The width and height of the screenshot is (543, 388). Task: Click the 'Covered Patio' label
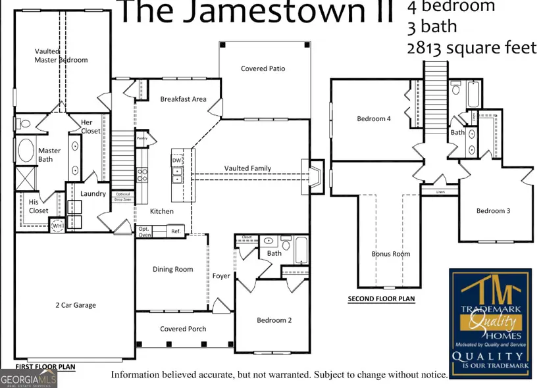pyautogui.click(x=263, y=68)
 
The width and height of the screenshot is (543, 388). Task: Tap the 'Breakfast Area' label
pyautogui.click(x=183, y=99)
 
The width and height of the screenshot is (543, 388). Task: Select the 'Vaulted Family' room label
pyautogui.click(x=247, y=168)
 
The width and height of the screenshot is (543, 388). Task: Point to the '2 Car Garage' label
pyautogui.click(x=75, y=305)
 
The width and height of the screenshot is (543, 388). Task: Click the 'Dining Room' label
pyautogui.click(x=173, y=269)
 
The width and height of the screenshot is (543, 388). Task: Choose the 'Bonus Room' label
pyautogui.click(x=390, y=254)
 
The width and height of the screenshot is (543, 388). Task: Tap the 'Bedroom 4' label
pyautogui.click(x=374, y=119)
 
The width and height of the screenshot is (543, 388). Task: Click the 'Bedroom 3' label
pyautogui.click(x=494, y=211)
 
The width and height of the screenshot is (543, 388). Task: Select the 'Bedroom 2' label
pyautogui.click(x=274, y=320)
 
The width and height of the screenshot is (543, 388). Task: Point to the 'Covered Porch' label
pyautogui.click(x=183, y=329)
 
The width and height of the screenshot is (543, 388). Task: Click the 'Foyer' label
pyautogui.click(x=221, y=276)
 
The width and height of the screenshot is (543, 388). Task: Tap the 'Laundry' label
pyautogui.click(x=93, y=194)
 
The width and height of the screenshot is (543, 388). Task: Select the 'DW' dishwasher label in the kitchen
pyautogui.click(x=176, y=160)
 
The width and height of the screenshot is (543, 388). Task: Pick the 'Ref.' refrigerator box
pyautogui.click(x=176, y=231)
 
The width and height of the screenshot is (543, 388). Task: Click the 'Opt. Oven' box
pyautogui.click(x=145, y=231)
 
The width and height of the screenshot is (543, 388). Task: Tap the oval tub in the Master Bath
pyautogui.click(x=26, y=151)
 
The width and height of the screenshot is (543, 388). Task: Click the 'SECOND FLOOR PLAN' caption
pyautogui.click(x=381, y=299)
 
